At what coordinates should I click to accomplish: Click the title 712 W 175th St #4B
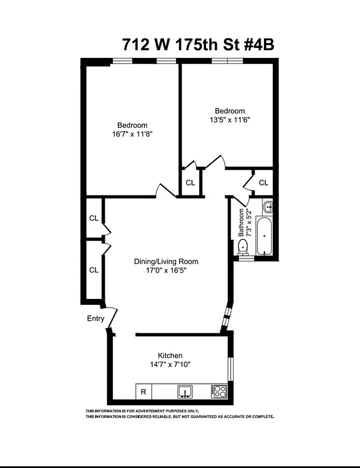[x=198, y=45]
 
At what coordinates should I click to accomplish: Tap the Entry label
[x=95, y=319]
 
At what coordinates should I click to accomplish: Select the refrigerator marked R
[x=143, y=391]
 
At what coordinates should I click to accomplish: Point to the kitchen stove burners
[x=219, y=391]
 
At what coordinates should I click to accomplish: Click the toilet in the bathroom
[x=244, y=247]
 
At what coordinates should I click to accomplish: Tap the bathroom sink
[x=268, y=207]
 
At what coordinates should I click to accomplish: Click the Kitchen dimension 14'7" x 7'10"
[x=170, y=364]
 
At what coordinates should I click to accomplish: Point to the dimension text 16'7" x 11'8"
[x=132, y=134]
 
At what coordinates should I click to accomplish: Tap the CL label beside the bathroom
[x=263, y=183]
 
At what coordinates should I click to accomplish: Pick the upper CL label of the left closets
[x=94, y=218]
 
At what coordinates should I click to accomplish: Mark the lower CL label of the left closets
[x=94, y=270]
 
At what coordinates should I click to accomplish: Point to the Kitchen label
[x=170, y=356]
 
